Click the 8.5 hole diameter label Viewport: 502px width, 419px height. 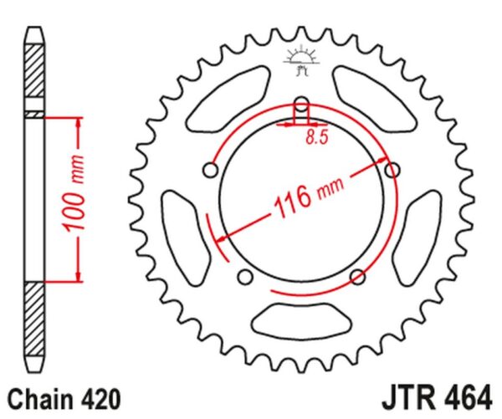317,137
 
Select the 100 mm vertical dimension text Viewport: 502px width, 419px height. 74,193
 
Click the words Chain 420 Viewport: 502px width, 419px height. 64,399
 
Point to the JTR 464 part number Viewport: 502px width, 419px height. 437,398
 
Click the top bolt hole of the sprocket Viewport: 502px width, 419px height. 301,105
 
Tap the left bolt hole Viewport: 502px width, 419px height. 211,170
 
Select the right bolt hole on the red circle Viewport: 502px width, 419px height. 392,169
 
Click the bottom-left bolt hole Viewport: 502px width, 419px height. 245,277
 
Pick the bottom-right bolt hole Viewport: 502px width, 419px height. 357,277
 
